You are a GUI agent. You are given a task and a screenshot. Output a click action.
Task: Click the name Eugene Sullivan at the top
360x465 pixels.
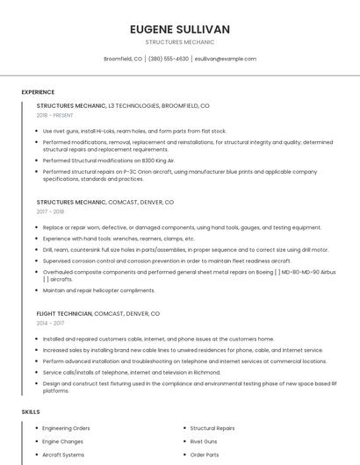179,29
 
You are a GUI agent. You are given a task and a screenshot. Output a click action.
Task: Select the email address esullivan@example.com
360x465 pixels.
225,59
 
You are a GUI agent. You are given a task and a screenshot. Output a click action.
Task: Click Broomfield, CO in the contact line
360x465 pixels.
123,59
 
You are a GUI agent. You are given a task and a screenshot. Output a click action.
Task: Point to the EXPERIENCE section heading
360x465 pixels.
38,92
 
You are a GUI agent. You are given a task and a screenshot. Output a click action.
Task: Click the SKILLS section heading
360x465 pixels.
31,411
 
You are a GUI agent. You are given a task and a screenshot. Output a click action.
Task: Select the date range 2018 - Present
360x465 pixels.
55,115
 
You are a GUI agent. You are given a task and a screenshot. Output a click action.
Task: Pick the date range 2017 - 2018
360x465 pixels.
51,211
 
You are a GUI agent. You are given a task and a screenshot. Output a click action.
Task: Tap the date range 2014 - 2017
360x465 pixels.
51,323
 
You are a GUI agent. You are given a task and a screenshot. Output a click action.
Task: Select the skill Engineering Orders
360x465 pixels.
67,428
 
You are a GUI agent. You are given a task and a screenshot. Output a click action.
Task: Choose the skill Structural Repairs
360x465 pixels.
212,428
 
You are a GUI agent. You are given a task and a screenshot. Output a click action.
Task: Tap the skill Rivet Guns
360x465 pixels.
204,441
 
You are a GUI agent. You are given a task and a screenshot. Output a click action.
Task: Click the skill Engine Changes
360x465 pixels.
63,441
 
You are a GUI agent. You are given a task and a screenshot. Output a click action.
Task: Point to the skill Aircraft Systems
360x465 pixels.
64,454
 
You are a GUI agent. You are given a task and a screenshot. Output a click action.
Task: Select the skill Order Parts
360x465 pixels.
205,454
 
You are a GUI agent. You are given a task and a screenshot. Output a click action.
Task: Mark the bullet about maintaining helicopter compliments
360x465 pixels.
98,290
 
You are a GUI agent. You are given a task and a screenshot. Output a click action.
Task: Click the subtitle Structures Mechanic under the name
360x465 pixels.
179,42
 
